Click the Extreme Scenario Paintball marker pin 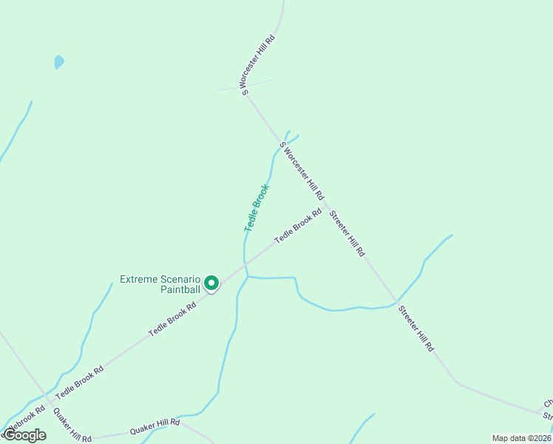[x=211, y=283]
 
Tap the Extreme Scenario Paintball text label [x=160, y=284]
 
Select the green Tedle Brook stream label [x=257, y=208]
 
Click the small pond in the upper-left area [x=59, y=62]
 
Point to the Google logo [x=24, y=435]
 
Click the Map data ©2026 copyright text [x=521, y=438]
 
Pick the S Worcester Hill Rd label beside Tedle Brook [x=302, y=170]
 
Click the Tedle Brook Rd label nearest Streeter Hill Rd [x=298, y=226]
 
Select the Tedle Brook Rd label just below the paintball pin [x=172, y=319]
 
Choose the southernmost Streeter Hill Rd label [x=416, y=328]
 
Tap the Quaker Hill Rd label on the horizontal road [x=155, y=427]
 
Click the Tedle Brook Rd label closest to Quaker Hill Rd [x=78, y=377]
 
